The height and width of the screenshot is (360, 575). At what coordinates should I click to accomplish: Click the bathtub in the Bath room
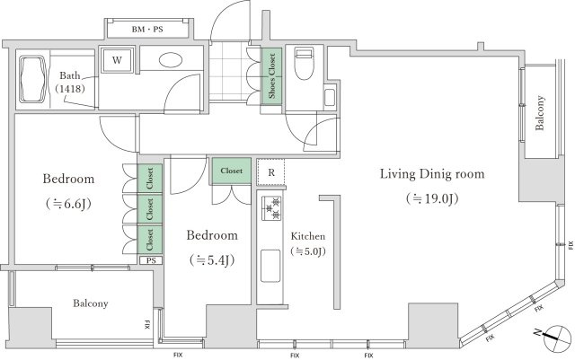[33, 79]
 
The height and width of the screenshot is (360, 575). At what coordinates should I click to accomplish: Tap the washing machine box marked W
[117, 60]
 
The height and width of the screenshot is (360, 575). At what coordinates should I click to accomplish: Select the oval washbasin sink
[171, 60]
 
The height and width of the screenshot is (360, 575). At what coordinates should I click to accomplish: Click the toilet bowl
[305, 64]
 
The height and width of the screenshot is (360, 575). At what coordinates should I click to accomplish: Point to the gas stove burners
[271, 208]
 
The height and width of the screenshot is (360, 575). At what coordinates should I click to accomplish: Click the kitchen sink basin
[270, 266]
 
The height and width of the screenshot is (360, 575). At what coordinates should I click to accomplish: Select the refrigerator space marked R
[271, 172]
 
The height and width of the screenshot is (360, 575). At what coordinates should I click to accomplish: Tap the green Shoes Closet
[271, 76]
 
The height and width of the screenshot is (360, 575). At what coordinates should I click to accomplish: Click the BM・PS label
[147, 30]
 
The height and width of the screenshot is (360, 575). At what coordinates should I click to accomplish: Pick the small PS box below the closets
[151, 260]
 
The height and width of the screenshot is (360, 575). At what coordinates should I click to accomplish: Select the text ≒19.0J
[432, 198]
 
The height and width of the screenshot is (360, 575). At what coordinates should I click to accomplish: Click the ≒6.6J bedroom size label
[68, 204]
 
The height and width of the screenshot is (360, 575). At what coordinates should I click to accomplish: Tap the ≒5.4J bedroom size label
[212, 260]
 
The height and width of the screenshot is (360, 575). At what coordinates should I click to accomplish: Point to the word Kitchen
[308, 236]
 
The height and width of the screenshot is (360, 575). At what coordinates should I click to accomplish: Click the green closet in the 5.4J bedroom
[232, 171]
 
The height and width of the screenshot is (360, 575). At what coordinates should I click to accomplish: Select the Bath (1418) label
[70, 82]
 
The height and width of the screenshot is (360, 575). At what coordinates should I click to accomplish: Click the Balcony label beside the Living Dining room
[539, 113]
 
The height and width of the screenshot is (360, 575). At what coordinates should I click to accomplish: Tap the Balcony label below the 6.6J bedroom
[90, 303]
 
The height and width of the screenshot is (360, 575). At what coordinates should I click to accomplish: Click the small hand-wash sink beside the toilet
[330, 97]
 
